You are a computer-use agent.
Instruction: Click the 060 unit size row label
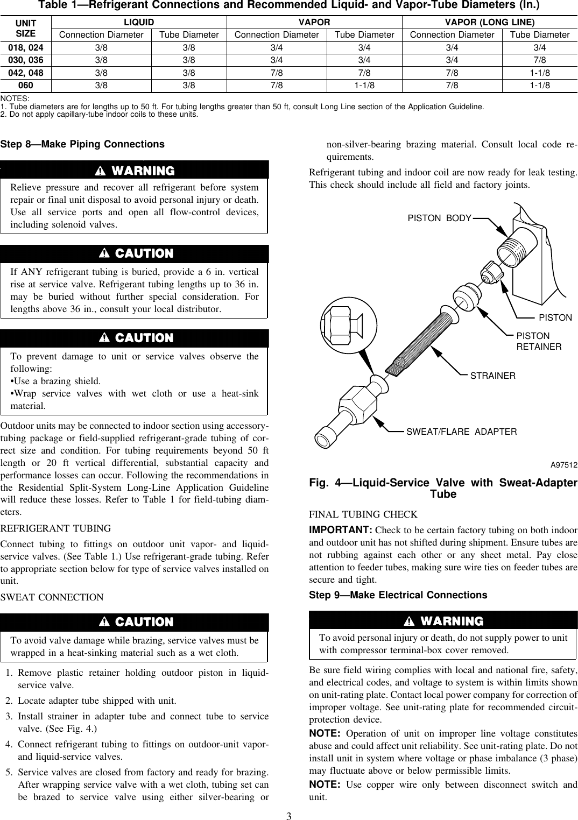pyautogui.click(x=26, y=85)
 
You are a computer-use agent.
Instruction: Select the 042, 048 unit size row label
pyautogui.click(x=26, y=73)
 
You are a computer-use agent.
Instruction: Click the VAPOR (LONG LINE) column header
pyautogui.click(x=489, y=22)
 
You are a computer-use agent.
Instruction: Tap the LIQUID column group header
pyautogui.click(x=139, y=22)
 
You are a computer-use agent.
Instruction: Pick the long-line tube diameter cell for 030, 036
pyautogui.click(x=540, y=60)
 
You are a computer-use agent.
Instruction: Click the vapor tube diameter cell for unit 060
pyautogui.click(x=364, y=85)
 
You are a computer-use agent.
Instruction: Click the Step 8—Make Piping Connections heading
pyautogui.click(x=82, y=144)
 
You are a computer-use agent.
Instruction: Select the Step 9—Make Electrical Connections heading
pyautogui.click(x=398, y=595)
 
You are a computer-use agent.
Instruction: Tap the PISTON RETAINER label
pyautogui.click(x=539, y=341)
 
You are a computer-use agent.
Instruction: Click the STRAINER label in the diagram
pyautogui.click(x=492, y=376)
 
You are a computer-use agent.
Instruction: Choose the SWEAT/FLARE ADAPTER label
pyautogui.click(x=461, y=432)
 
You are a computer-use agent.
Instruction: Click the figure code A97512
pyautogui.click(x=563, y=464)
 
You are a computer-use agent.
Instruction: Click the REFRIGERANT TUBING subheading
pyautogui.click(x=56, y=528)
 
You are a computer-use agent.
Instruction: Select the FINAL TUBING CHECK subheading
pyautogui.click(x=363, y=514)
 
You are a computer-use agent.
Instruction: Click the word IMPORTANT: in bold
pyautogui.click(x=341, y=530)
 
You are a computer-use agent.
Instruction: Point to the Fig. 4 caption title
pyautogui.click(x=443, y=488)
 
